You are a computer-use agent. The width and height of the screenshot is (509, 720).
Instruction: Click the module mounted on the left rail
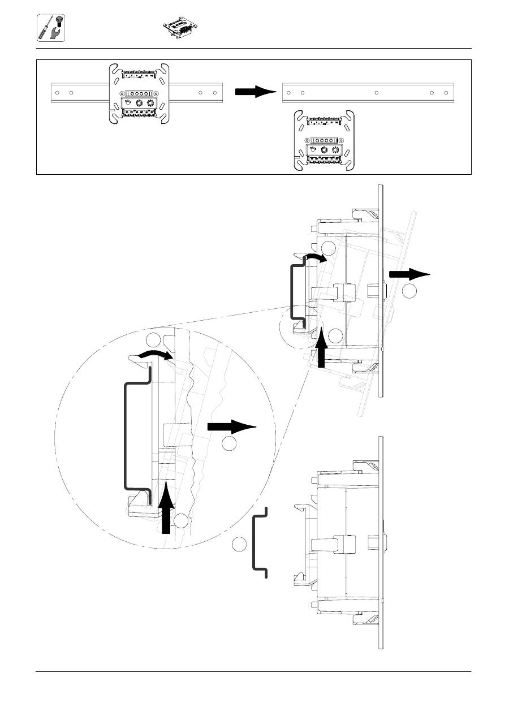(x=139, y=93)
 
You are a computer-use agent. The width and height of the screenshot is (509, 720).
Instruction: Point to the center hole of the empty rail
(x=377, y=92)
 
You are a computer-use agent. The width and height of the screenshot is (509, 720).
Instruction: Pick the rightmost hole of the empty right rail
(x=446, y=92)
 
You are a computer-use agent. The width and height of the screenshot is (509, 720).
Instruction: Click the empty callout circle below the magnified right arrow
(x=229, y=445)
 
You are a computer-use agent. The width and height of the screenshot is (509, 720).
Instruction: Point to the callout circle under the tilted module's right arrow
(x=411, y=291)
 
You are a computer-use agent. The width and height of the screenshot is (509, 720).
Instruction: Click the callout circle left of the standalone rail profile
(x=239, y=544)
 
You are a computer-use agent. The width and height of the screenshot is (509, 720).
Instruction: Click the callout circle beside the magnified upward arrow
(x=182, y=521)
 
